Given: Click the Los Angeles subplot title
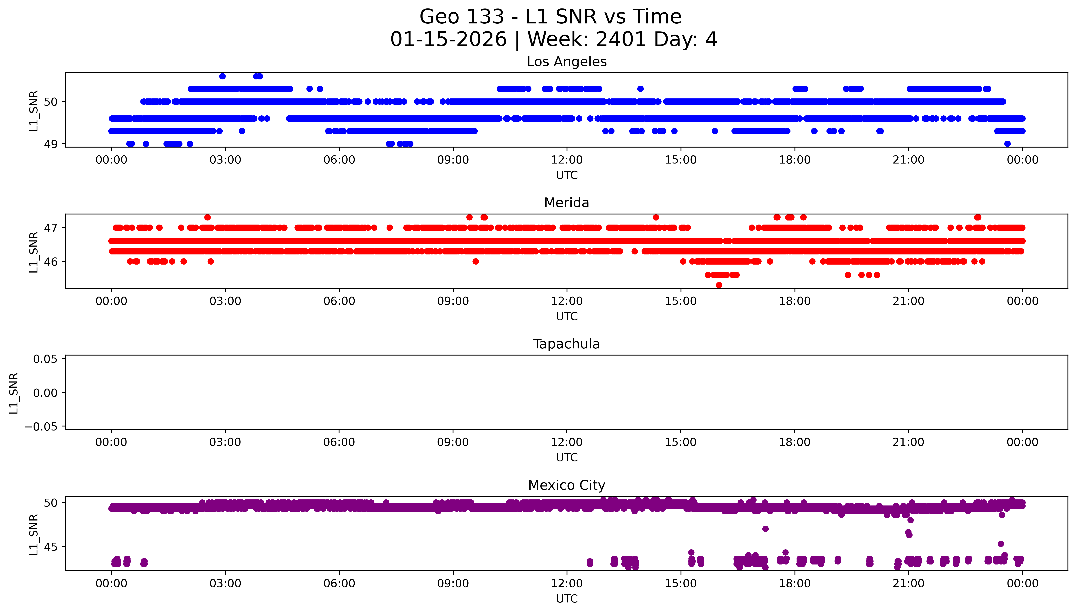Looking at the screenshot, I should (x=566, y=62).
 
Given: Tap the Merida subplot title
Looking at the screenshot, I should (x=566, y=203).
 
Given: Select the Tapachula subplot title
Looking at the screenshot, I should (x=566, y=344).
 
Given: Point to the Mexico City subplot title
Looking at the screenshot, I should (x=566, y=485).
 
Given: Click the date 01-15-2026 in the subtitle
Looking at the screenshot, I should (x=449, y=40).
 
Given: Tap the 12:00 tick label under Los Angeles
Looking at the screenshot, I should (x=566, y=160).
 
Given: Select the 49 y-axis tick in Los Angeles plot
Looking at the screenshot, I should (x=51, y=144).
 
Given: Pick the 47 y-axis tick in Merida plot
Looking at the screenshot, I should (x=51, y=228).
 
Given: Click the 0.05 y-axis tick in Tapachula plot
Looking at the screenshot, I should (x=45, y=359).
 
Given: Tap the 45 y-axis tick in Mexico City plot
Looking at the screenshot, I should (x=51, y=547).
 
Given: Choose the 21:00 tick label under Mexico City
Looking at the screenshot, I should (x=908, y=583).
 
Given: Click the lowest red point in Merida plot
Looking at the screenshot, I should (x=719, y=285).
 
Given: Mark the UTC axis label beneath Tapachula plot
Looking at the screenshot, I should (x=566, y=458).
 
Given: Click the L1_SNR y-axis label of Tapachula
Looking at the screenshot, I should (x=14, y=393).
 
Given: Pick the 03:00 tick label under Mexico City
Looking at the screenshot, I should (x=225, y=583).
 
